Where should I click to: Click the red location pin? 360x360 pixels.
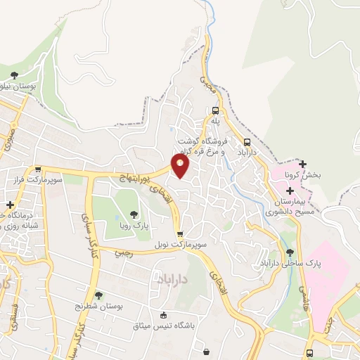click(181, 166)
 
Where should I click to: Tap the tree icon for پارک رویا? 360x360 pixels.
click(134, 214)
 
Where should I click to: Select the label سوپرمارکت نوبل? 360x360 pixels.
click(181, 247)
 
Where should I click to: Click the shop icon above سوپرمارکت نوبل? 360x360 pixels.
click(181, 235)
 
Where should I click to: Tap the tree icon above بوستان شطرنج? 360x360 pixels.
click(98, 295)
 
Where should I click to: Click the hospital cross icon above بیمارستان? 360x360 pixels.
click(290, 191)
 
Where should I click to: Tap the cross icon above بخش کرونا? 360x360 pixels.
click(303, 163)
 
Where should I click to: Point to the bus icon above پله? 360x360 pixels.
click(215, 110)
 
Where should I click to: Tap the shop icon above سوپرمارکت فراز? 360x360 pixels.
click(37, 169)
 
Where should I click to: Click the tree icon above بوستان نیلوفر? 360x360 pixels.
click(14, 75)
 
